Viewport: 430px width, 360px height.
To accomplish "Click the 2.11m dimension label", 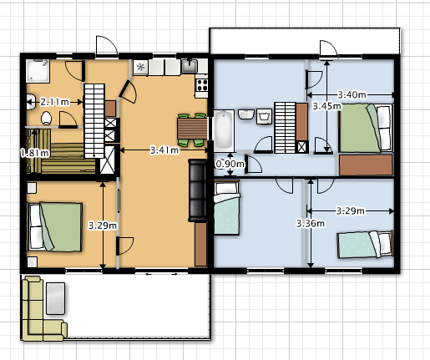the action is (x=54, y=102).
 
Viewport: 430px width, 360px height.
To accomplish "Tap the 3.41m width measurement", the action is (x=164, y=150).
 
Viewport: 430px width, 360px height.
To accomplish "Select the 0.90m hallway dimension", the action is (x=230, y=164).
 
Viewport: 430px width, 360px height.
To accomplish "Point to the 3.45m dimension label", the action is (x=326, y=106).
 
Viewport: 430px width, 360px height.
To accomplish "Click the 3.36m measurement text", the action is (x=311, y=223).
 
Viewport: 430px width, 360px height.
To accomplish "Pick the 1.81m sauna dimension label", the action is (x=35, y=153).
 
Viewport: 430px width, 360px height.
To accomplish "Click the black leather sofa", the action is (x=198, y=190).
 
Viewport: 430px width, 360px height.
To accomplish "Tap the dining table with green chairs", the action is (x=192, y=129).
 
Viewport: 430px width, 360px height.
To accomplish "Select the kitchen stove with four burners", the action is (x=202, y=84).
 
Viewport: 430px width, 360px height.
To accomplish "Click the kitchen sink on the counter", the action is (x=190, y=66).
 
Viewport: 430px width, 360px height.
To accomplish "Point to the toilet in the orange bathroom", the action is (x=46, y=118).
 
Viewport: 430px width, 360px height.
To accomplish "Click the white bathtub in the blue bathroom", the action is (x=224, y=130).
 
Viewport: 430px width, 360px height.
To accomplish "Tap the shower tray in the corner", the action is (x=38, y=71).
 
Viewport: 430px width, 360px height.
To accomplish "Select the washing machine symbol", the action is (x=264, y=116).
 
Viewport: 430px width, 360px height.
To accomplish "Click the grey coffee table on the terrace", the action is (x=55, y=298).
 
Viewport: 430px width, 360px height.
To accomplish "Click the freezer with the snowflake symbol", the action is (x=140, y=68).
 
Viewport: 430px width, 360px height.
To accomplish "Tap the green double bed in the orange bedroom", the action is (x=54, y=227).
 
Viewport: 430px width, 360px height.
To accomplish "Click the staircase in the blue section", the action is (x=285, y=128).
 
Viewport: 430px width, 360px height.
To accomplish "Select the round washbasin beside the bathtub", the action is (x=246, y=114).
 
